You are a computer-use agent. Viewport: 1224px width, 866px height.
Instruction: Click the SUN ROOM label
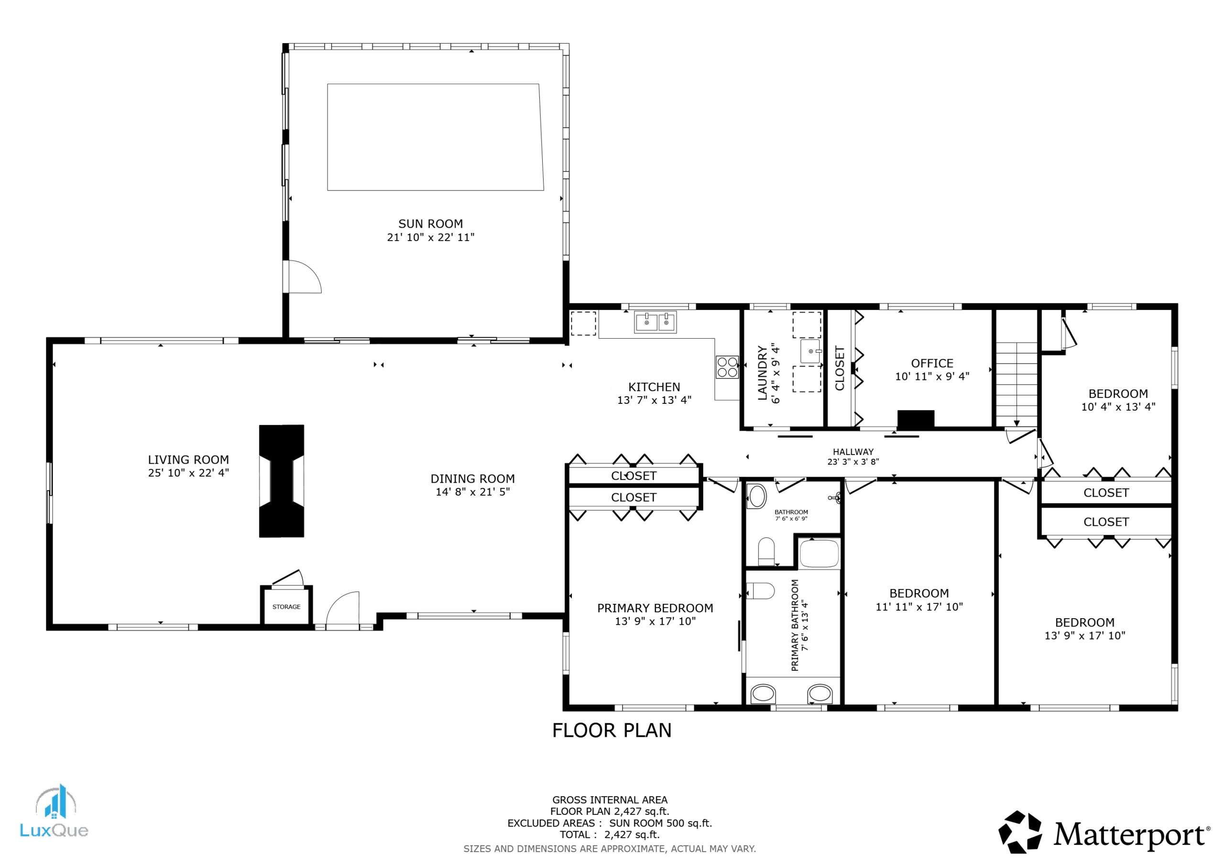430,224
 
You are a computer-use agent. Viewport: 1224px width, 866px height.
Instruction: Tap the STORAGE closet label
286,607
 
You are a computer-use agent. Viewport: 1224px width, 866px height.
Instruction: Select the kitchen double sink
655,322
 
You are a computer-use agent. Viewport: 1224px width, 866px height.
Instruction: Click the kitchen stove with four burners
727,367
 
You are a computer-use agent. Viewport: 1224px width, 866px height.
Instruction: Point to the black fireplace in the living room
282,481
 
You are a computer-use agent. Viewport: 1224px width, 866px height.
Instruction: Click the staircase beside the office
1016,384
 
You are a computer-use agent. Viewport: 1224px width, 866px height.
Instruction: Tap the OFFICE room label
932,363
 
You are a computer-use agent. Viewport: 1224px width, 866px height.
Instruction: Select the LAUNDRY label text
762,373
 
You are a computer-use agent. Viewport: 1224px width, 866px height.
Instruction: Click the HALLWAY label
853,452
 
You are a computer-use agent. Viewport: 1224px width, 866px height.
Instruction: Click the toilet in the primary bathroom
760,591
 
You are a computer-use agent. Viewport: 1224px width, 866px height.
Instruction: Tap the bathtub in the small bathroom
820,553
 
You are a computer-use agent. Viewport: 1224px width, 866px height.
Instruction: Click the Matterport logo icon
1020,832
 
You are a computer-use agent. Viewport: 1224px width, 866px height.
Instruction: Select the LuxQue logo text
54,830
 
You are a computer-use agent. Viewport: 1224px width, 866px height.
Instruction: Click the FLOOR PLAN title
612,731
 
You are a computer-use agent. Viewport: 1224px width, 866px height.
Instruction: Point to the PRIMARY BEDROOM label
655,608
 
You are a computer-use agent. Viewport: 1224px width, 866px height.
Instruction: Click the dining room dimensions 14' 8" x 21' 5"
472,492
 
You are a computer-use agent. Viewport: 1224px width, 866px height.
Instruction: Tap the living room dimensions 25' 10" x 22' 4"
188,473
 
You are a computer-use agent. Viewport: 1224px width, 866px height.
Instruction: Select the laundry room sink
810,351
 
